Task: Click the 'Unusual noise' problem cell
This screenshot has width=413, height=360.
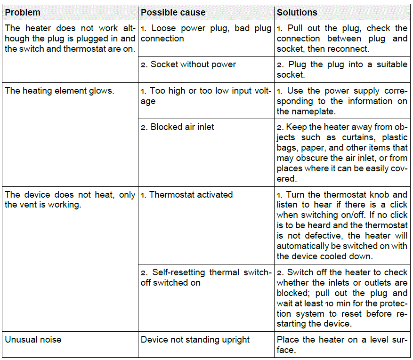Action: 33,339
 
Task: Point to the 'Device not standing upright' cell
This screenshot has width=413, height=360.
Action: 195,339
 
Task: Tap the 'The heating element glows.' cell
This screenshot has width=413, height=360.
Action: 59,91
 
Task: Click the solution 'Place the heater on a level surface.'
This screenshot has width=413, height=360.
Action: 342,344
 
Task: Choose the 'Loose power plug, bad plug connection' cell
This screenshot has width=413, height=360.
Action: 206,33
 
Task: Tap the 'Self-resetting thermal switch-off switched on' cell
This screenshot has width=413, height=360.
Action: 206,277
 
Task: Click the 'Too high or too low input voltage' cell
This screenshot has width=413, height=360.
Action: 206,96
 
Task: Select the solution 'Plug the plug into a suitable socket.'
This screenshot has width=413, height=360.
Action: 342,69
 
